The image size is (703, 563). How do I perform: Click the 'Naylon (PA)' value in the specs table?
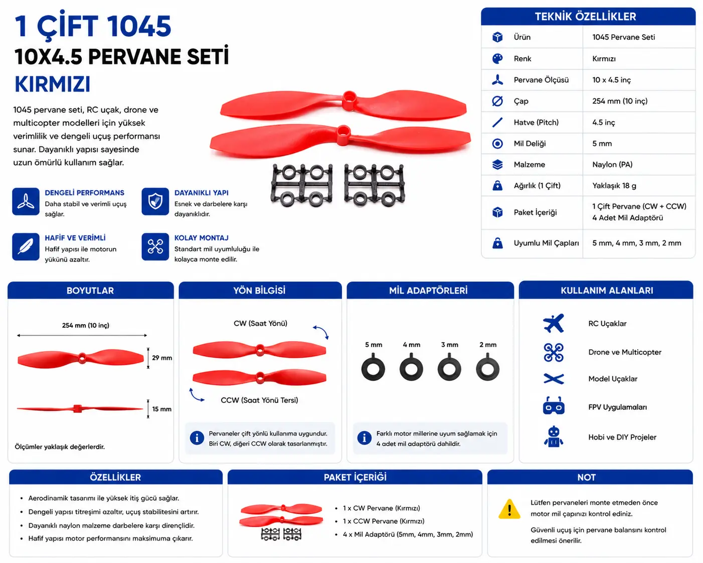(x=612, y=165)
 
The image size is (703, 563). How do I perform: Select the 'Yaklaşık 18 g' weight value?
(x=614, y=186)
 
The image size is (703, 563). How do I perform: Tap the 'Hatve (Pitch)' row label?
(x=536, y=122)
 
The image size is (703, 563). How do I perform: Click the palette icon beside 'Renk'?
(x=497, y=59)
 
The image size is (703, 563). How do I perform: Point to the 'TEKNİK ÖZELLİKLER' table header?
(x=585, y=17)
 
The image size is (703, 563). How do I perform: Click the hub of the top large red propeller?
(x=349, y=98)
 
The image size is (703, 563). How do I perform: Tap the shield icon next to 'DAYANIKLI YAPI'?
(x=155, y=201)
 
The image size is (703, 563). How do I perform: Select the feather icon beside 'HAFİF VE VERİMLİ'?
(x=26, y=246)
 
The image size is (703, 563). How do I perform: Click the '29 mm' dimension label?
(x=161, y=358)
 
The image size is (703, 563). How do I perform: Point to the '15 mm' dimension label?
(x=161, y=409)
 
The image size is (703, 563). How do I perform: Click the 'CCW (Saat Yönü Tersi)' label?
(x=259, y=400)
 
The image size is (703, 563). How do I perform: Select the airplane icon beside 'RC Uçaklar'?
(x=554, y=323)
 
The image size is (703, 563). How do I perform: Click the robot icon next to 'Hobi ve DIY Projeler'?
(x=554, y=437)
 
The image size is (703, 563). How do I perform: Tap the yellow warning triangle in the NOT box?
(x=509, y=509)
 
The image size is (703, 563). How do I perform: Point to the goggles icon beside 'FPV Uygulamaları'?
(x=554, y=406)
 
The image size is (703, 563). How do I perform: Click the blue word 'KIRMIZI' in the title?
(x=52, y=84)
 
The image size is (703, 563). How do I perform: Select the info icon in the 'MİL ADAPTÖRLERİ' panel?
(x=364, y=438)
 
